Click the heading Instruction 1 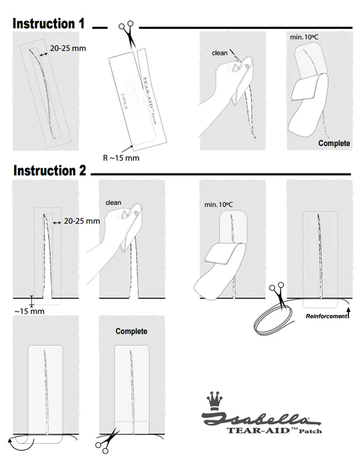[x=49, y=24]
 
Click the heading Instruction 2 [x=50, y=170]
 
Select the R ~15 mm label [x=121, y=158]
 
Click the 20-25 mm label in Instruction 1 [x=68, y=48]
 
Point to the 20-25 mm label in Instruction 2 [x=82, y=221]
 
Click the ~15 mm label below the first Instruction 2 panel [x=29, y=311]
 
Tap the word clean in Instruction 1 [x=219, y=53]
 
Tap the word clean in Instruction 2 [x=113, y=203]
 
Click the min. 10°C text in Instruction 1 [x=304, y=37]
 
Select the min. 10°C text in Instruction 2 [x=218, y=204]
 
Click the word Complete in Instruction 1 [x=334, y=143]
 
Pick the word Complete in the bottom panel [x=131, y=331]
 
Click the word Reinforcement [x=326, y=316]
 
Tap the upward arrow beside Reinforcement [x=348, y=313]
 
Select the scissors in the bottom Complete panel [x=106, y=441]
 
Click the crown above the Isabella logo [x=214, y=401]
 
